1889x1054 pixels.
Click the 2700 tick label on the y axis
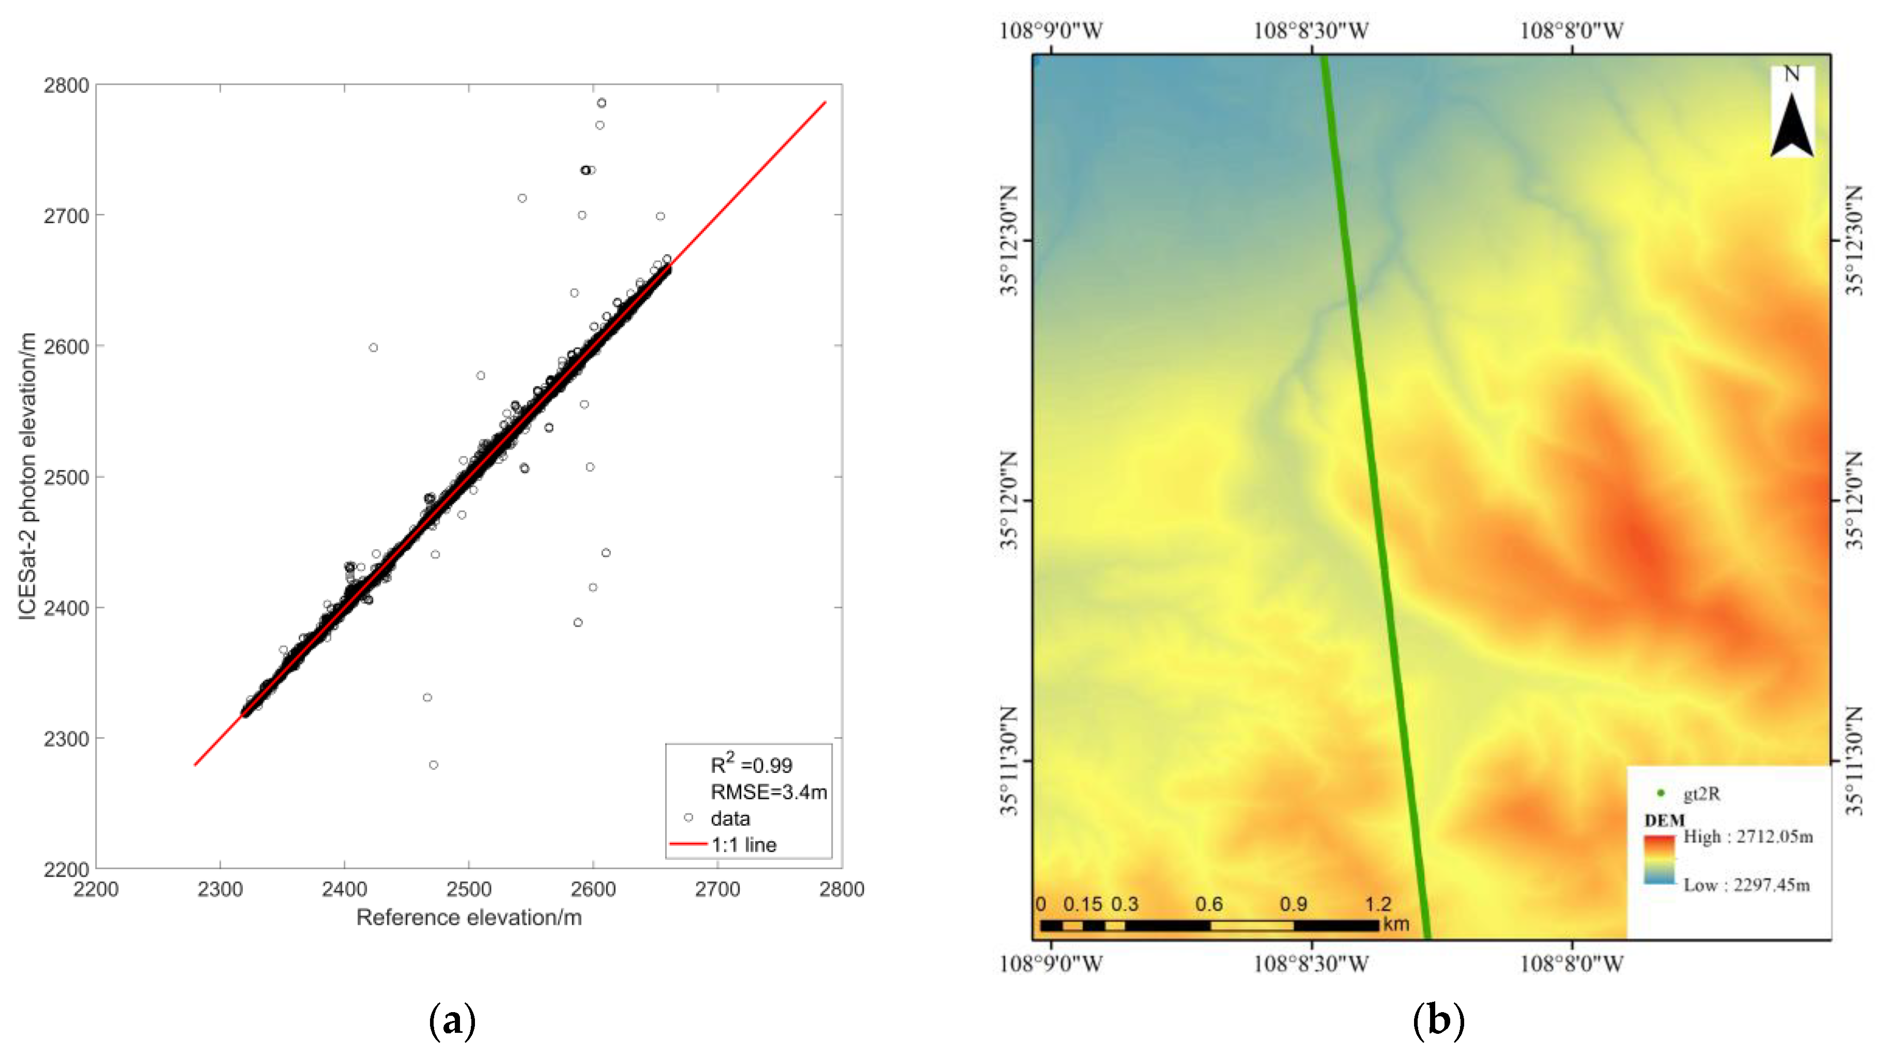coord(66,216)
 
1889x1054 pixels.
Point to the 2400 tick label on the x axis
coord(344,889)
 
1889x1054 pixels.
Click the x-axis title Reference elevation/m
coord(469,918)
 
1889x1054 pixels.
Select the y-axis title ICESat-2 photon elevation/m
coord(28,476)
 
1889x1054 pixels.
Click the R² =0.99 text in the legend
coord(751,765)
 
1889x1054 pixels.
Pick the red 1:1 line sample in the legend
coord(688,844)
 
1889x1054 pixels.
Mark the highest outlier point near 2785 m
coord(601,103)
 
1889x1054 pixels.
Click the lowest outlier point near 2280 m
coord(434,765)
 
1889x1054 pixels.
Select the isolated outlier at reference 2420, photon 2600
coord(373,347)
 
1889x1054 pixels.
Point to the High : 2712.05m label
coord(1747,837)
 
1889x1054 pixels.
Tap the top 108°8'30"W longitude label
coord(1311,31)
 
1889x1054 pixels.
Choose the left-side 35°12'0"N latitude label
coord(1010,501)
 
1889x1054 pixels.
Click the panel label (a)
coord(452,1020)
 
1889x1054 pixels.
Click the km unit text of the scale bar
coord(1395,924)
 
